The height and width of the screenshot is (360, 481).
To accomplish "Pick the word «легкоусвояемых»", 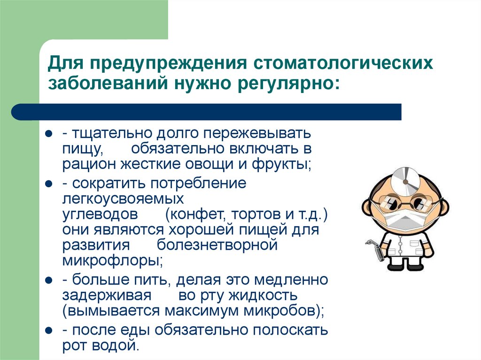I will click(123, 199).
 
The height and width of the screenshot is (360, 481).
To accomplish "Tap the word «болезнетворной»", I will click(217, 245).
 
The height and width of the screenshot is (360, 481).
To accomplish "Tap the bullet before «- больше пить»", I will click(48, 281).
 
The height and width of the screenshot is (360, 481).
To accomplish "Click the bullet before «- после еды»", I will click(48, 331).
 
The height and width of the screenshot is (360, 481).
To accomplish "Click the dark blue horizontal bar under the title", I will click(207, 112).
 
